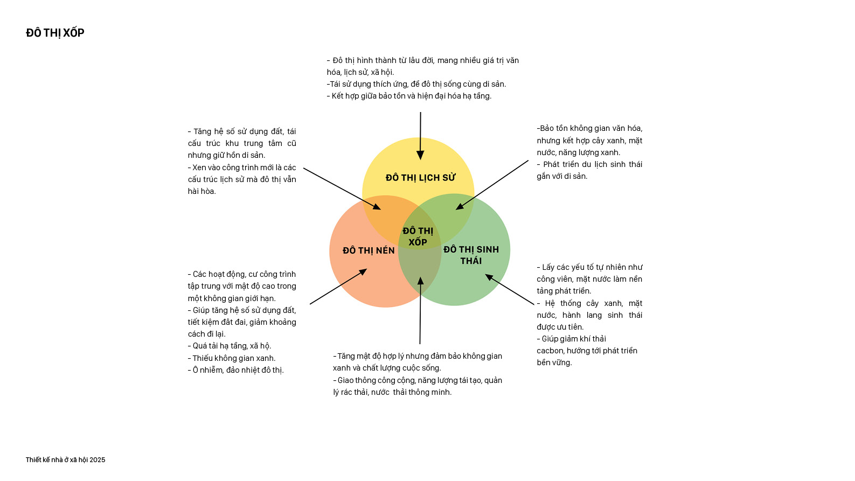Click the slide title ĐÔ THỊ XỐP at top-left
click(55, 33)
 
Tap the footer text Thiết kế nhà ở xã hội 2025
click(66, 459)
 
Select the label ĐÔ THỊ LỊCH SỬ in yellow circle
click(420, 178)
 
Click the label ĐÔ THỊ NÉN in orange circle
click(369, 250)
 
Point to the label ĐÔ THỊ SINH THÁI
click(471, 255)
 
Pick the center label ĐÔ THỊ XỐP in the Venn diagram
click(418, 236)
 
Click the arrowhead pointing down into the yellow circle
click(420, 156)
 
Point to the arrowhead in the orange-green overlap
click(421, 281)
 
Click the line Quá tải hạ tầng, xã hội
click(230, 346)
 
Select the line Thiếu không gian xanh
click(232, 358)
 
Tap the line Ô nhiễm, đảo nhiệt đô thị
click(235, 370)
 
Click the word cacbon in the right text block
click(550, 351)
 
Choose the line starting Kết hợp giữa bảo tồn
click(409, 96)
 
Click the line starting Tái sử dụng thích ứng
click(416, 84)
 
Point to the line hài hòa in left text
click(201, 191)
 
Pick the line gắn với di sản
click(562, 176)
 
